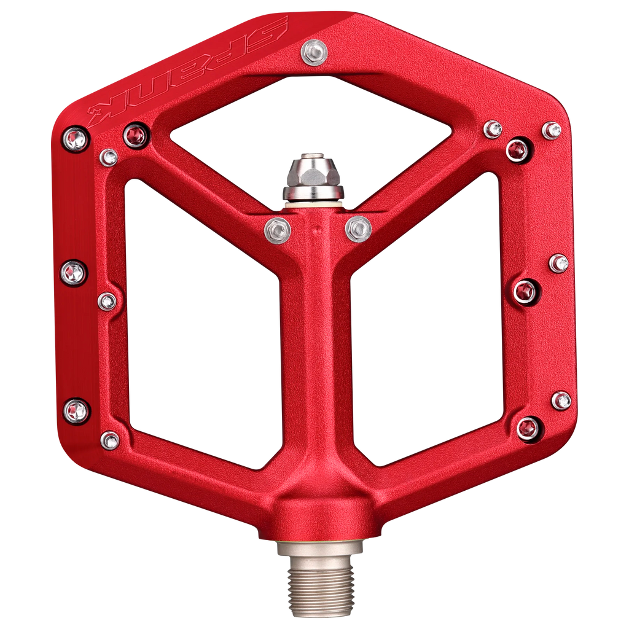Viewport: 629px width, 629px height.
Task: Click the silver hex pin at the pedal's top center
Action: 314,53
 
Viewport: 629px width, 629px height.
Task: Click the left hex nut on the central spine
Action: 278,230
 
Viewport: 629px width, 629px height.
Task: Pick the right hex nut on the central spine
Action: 358,229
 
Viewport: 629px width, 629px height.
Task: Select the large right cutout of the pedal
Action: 428,321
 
